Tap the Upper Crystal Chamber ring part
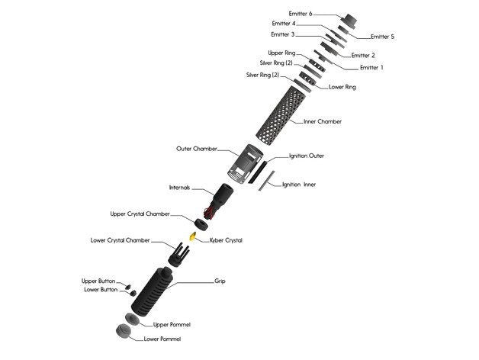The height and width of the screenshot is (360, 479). [x=201, y=223]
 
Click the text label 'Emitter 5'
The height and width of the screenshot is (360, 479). [x=382, y=36]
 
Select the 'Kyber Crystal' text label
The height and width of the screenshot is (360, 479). [x=226, y=240]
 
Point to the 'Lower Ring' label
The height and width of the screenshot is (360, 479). [x=342, y=87]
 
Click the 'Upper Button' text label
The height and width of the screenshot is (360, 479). [x=99, y=281]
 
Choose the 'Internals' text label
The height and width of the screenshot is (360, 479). [x=180, y=188]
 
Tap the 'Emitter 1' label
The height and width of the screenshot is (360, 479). [x=371, y=67]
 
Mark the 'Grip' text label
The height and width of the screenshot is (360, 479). [x=220, y=281]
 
